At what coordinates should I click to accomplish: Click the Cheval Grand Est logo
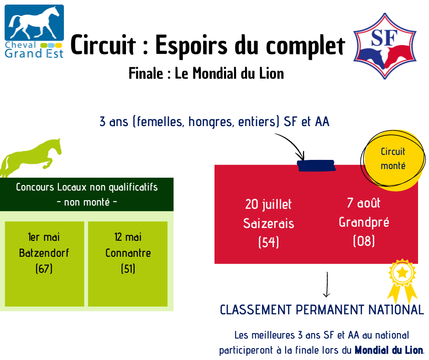(34, 32)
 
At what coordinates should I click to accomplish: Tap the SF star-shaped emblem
(385, 46)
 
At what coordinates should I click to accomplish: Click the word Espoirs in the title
(191, 45)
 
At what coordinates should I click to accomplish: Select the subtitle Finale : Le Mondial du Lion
(206, 74)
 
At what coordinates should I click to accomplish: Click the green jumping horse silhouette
(31, 158)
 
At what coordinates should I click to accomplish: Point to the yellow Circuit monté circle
(393, 160)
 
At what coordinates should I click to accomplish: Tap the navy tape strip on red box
(316, 165)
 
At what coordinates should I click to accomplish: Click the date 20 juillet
(268, 204)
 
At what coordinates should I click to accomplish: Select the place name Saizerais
(269, 223)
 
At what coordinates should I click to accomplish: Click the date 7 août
(364, 203)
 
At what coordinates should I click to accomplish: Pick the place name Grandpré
(364, 222)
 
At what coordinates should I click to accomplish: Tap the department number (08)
(364, 241)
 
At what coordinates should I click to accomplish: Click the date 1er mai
(44, 237)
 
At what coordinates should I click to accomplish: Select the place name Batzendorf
(44, 253)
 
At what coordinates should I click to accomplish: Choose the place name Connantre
(128, 253)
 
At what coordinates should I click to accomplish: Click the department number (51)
(128, 269)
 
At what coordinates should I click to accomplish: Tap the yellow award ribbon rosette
(402, 281)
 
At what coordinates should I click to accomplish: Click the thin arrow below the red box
(327, 284)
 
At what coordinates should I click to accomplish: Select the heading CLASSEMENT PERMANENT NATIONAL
(322, 310)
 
